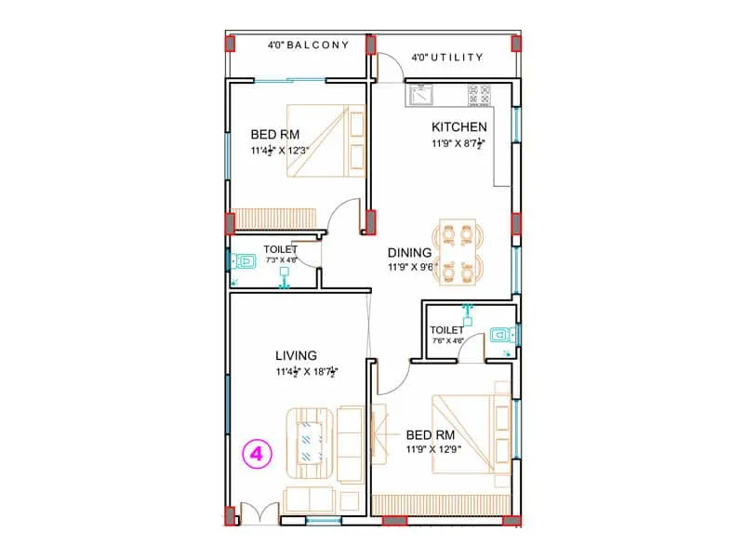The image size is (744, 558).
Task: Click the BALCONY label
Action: point(308,45)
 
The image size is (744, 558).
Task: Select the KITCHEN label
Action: point(458,126)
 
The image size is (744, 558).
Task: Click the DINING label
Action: point(409,252)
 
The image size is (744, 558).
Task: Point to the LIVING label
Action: point(296,355)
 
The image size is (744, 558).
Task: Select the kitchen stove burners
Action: point(480,94)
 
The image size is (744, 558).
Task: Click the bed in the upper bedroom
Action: point(322,140)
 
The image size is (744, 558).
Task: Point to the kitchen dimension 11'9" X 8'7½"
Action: point(458,144)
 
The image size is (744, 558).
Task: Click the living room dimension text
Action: point(306,373)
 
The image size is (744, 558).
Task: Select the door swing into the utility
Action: point(391,65)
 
